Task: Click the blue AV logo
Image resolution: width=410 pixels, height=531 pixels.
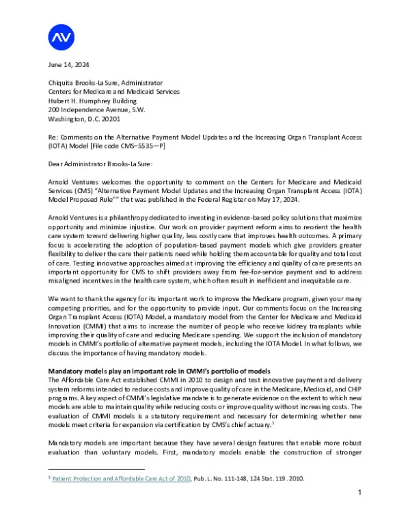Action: pos(60,38)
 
